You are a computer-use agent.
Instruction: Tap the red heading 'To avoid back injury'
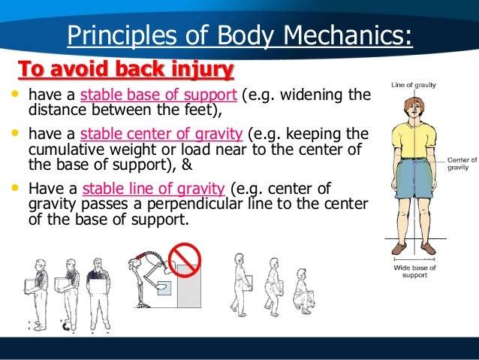125,69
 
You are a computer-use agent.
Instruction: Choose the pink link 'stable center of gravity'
161,135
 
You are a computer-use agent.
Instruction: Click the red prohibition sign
184,259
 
